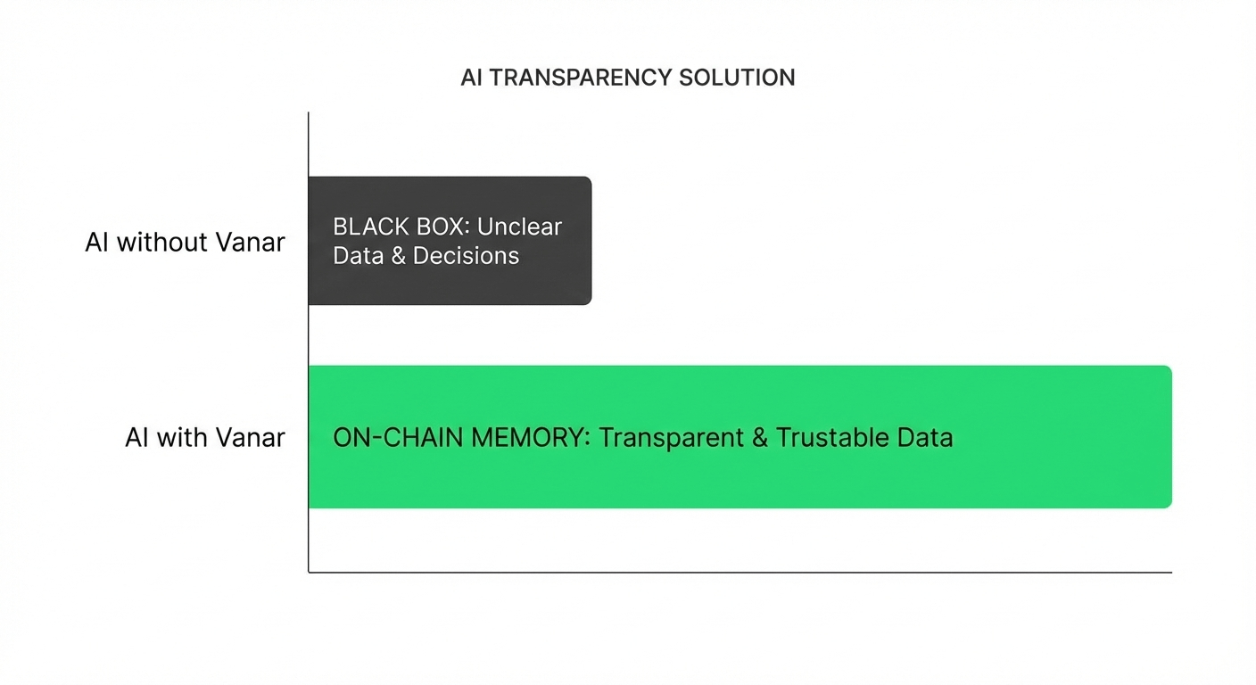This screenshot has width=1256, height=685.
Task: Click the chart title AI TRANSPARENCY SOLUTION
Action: (x=627, y=78)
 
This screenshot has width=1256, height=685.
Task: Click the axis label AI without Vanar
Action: (x=185, y=242)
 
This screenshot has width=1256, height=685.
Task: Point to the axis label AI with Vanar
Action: (x=204, y=438)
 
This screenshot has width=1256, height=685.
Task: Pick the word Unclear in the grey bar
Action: (x=519, y=227)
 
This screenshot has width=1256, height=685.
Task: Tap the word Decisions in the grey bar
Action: (x=466, y=256)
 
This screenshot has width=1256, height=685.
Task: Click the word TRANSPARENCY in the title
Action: (x=581, y=78)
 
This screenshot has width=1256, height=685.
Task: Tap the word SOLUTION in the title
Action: (x=737, y=78)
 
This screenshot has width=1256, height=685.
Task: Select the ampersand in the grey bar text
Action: (x=397, y=256)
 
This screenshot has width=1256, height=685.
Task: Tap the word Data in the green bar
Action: (x=929, y=438)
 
